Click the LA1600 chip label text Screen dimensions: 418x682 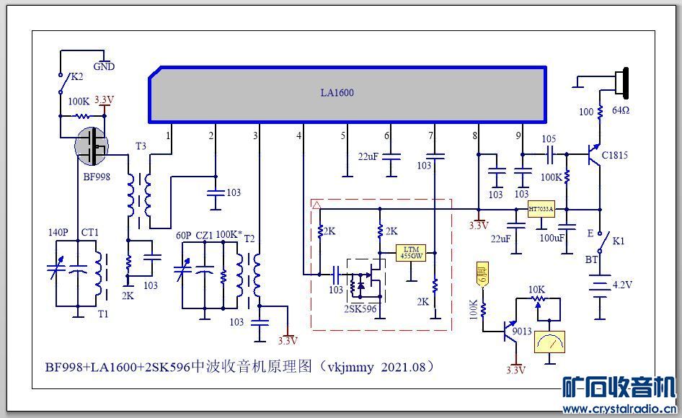337,93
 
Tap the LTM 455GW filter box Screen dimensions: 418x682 412,252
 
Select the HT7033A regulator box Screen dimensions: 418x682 541,210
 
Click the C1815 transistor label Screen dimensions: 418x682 615,155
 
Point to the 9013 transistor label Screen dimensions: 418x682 522,331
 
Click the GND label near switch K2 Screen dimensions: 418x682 104,66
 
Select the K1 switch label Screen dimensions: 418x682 618,241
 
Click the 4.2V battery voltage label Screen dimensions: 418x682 622,285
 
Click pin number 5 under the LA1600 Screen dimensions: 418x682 344,135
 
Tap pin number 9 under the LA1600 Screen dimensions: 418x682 518,135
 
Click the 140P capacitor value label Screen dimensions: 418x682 58,234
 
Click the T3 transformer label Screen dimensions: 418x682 141,146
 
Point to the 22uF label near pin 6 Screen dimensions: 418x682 368,156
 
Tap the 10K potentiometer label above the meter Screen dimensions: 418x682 536,290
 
